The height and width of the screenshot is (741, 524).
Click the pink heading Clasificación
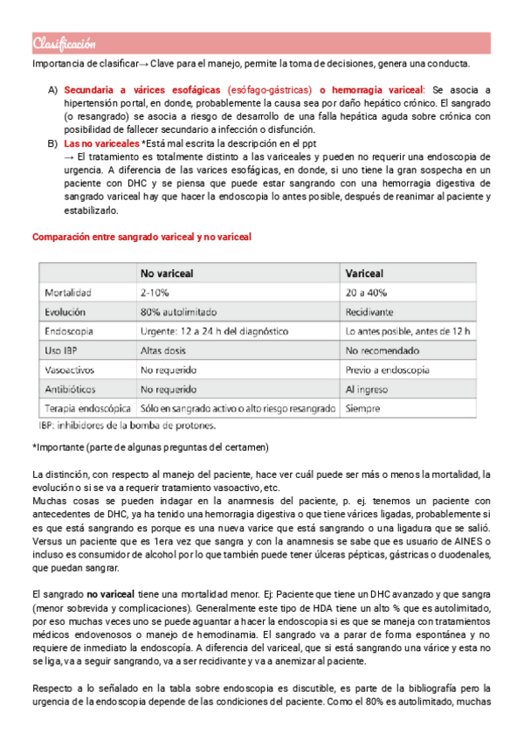[64, 45]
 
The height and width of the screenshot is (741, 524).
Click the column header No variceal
[170, 272]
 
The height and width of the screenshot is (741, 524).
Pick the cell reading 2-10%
[155, 292]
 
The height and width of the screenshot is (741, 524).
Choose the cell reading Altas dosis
[164, 350]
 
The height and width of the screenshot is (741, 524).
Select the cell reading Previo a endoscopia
[392, 369]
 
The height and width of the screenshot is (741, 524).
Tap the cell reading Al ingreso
[368, 388]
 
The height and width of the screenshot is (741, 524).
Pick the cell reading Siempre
[363, 407]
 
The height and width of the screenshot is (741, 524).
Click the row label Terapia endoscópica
[86, 407]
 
